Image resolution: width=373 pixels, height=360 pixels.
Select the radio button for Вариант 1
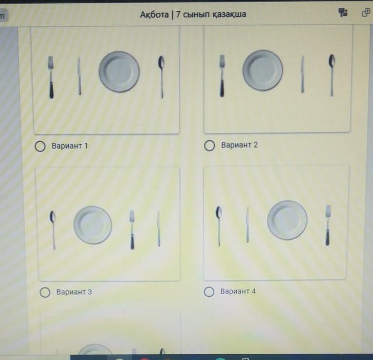click(x=40, y=146)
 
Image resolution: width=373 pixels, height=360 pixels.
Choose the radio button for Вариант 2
click(x=209, y=145)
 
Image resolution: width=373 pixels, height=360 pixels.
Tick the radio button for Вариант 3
click(x=45, y=292)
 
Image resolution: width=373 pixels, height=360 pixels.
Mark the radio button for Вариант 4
click(x=209, y=292)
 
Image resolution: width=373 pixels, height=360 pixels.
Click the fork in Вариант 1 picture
click(x=51, y=77)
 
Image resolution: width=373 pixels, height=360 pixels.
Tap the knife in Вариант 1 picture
click(x=79, y=76)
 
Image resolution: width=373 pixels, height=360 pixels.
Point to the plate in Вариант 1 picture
click(x=119, y=72)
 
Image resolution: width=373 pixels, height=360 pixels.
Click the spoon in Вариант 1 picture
click(x=162, y=76)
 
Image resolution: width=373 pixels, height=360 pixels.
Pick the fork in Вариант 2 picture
click(x=222, y=76)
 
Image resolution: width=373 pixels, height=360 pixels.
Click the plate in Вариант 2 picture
click(x=262, y=71)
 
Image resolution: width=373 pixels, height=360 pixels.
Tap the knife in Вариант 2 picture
click(x=302, y=74)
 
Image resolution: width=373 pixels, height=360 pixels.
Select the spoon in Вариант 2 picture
click(x=332, y=75)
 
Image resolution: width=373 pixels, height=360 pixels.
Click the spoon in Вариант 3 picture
click(x=53, y=230)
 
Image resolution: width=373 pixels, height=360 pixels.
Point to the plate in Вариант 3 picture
click(x=93, y=225)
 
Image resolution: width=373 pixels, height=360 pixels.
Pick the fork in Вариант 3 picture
click(x=132, y=230)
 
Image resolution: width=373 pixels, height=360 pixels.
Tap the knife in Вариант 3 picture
click(x=158, y=229)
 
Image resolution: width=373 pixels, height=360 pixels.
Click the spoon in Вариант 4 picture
click(x=219, y=226)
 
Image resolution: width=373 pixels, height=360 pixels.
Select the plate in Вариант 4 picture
click(x=287, y=220)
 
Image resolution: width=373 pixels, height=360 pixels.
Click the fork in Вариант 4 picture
click(x=328, y=225)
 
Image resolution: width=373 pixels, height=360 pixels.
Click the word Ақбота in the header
click(x=154, y=15)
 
